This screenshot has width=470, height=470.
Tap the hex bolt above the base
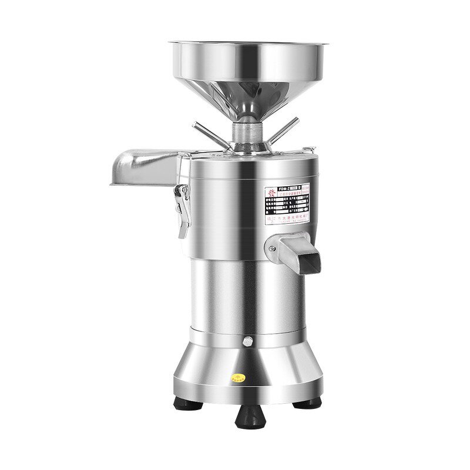click(x=246, y=341)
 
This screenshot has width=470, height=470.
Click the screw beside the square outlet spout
click(x=272, y=248)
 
